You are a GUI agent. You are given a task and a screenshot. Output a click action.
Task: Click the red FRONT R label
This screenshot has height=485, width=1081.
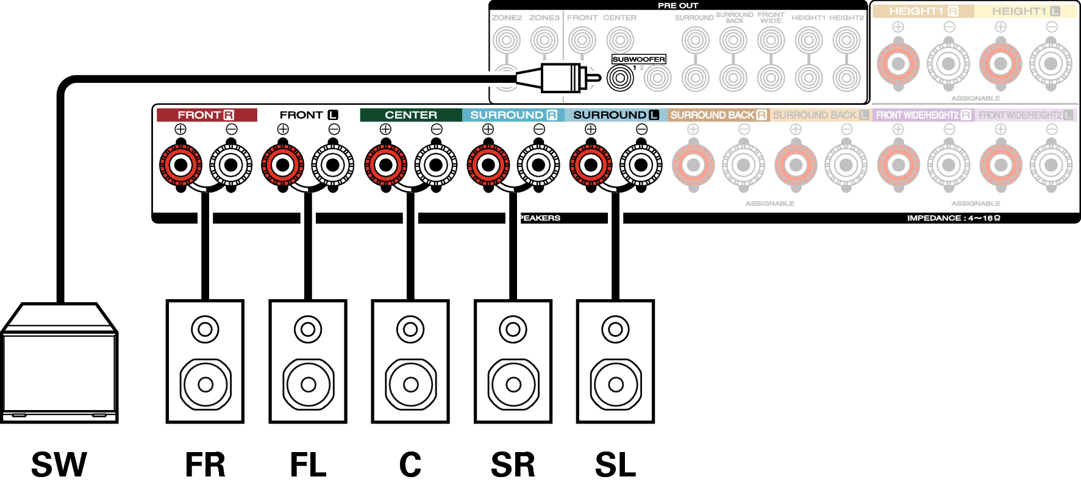[206, 115]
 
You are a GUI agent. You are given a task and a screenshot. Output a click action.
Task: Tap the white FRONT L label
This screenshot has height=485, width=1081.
[309, 115]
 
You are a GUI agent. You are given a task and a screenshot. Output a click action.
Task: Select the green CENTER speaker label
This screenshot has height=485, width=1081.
[411, 115]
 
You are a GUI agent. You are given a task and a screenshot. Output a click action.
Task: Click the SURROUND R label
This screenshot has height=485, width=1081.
[513, 115]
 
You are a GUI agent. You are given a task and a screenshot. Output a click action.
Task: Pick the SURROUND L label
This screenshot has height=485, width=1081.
[616, 115]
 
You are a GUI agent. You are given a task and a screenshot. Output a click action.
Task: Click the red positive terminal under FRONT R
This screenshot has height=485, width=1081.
[180, 165]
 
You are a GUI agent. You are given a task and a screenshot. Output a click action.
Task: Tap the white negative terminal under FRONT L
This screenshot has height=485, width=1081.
[333, 165]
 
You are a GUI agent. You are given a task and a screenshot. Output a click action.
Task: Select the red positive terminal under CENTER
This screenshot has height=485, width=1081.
[385, 165]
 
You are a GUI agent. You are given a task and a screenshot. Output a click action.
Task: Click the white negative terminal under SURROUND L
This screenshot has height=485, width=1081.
[641, 165]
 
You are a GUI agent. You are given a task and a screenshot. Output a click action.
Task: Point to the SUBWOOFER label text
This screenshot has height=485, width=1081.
[638, 59]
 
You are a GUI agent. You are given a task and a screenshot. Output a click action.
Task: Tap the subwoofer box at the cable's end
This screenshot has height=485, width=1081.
[59, 366]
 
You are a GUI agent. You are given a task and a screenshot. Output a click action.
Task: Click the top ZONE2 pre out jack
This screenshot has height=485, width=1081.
[507, 41]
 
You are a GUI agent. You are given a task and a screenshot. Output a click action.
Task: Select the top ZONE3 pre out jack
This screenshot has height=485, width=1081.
[544, 41]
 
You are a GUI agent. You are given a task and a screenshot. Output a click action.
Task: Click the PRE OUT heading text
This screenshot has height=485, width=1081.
[677, 5]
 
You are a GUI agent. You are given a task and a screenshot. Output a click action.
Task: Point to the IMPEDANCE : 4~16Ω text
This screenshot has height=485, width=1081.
[953, 218]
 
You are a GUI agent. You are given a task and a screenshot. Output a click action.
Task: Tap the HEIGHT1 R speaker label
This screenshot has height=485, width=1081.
[923, 11]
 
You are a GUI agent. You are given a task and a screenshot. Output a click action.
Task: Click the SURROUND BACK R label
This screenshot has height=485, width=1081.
[718, 115]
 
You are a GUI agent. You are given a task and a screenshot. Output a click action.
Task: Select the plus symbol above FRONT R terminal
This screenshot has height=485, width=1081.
[180, 129]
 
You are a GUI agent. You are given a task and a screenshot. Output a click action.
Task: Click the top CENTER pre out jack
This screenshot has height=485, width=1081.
[620, 41]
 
